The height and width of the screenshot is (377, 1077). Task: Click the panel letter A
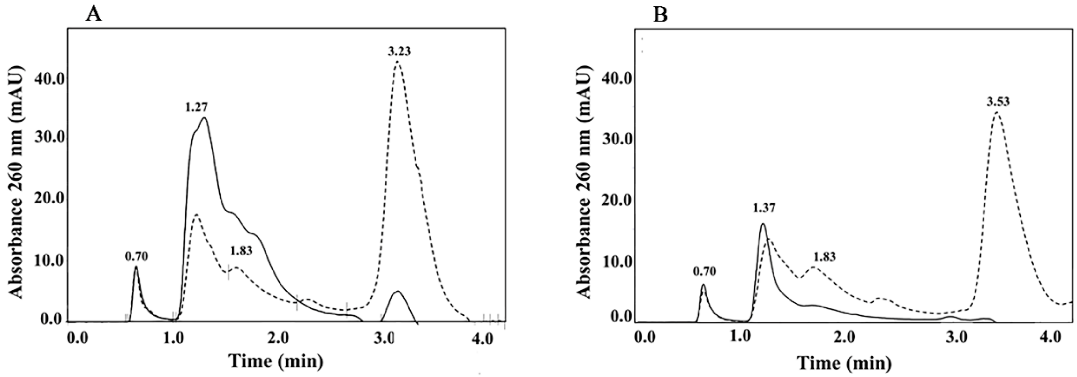(93, 15)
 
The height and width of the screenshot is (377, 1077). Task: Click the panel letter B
(660, 15)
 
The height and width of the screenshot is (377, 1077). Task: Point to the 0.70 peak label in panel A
(137, 256)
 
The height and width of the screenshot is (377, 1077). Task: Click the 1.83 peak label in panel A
(241, 250)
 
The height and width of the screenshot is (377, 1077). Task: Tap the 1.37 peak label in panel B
(764, 208)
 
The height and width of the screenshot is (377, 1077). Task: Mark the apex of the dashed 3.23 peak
(398, 62)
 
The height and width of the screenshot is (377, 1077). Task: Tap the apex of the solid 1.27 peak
(205, 118)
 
